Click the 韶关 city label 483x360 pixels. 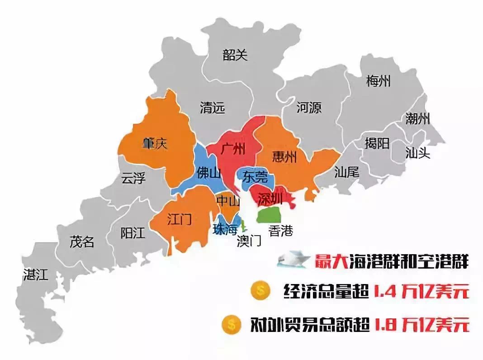click(235, 55)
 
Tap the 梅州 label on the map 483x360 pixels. click(378, 81)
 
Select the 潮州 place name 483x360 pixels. click(417, 119)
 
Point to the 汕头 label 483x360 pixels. click(417, 153)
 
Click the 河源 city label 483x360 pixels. click(309, 108)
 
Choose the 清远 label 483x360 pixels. click(212, 108)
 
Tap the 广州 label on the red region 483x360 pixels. click(233, 149)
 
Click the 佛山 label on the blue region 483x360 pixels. click(208, 172)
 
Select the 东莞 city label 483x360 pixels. click(255, 176)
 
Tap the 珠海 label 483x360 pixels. click(225, 229)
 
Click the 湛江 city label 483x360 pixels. click(35, 275)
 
